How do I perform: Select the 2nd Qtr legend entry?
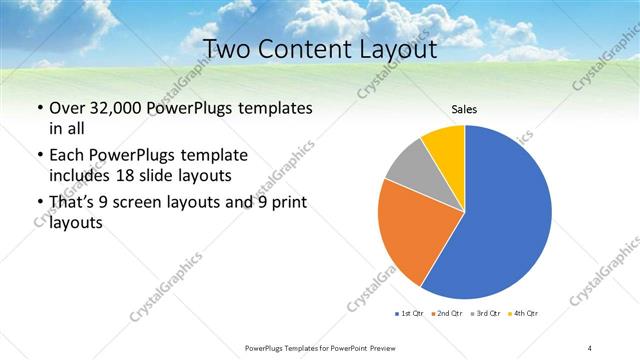447,314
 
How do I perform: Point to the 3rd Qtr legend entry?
485,314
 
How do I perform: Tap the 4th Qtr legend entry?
523,314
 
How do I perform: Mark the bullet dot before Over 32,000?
39,108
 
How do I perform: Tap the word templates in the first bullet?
275,107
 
